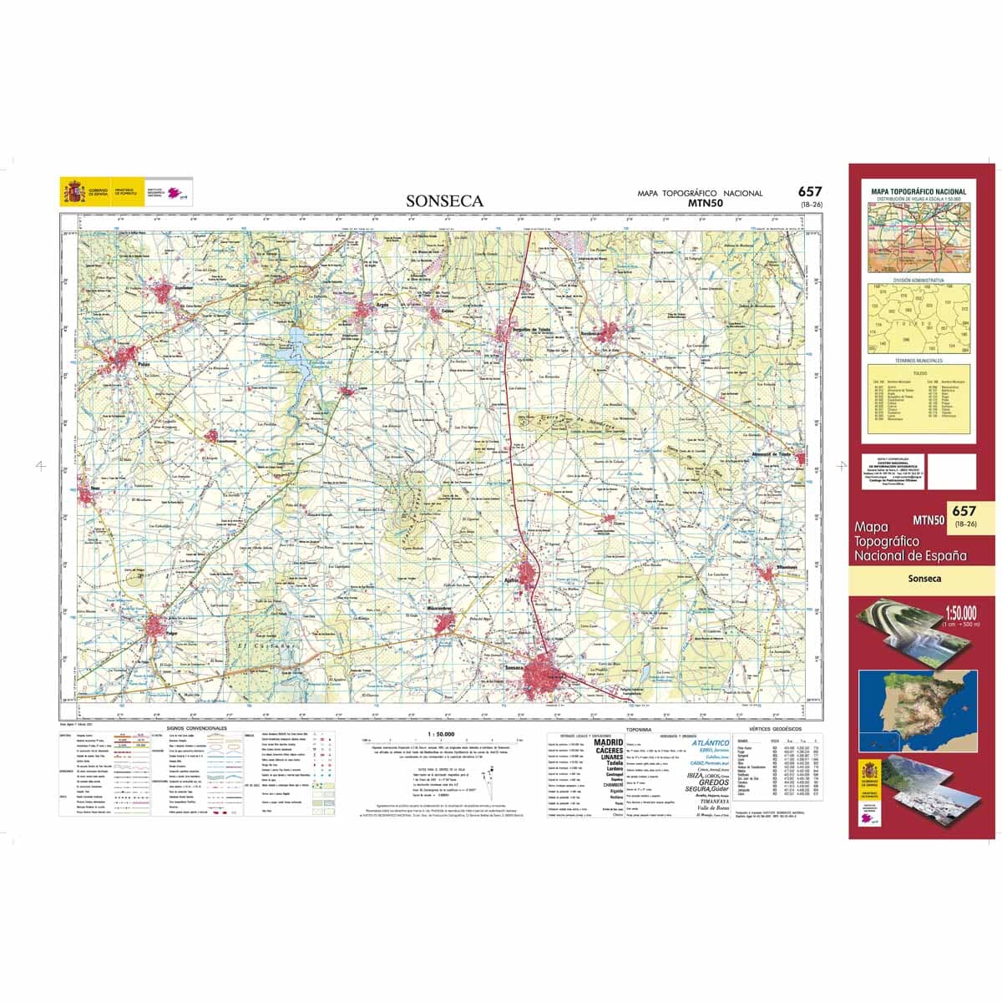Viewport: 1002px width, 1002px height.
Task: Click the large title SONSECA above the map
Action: [444, 201]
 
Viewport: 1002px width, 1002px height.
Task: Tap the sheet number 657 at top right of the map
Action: [810, 192]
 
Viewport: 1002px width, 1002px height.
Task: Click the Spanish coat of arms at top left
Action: [73, 194]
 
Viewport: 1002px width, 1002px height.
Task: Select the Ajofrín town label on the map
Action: [513, 577]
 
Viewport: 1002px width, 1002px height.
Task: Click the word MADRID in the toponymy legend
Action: [608, 742]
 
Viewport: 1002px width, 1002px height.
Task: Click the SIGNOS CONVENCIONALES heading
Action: [197, 728]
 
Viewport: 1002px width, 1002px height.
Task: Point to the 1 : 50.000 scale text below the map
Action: [440, 733]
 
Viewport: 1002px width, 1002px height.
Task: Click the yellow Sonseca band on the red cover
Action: [922, 578]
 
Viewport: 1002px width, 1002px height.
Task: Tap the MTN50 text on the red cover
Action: [928, 519]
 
